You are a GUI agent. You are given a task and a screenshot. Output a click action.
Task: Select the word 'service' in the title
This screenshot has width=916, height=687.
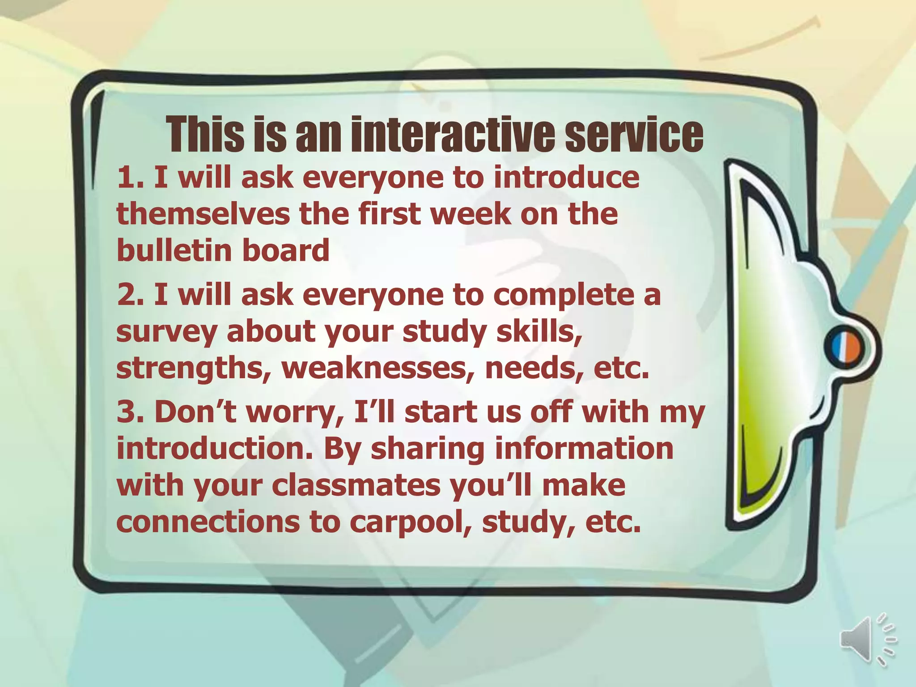tap(634, 135)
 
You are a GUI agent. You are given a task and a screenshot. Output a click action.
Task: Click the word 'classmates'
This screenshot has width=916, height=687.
tap(356, 486)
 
